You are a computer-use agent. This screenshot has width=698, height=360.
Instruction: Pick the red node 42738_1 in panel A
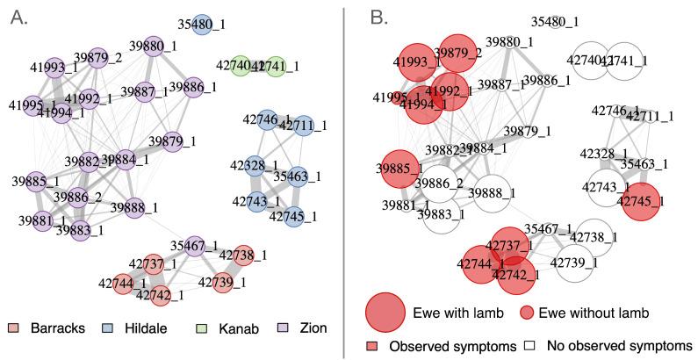(x=245, y=255)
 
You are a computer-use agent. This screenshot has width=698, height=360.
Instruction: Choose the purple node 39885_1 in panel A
(x=36, y=182)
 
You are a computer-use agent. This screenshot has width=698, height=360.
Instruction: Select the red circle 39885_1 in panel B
(x=399, y=169)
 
